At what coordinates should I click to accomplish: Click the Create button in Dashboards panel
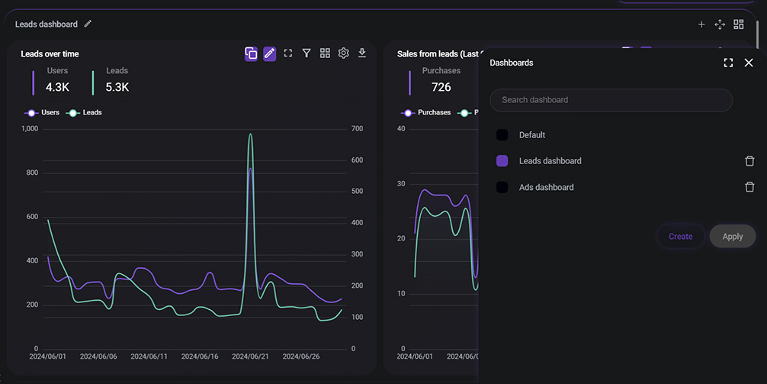[680, 237]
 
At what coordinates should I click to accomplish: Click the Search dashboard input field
[611, 100]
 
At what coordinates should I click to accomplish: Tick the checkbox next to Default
[502, 135]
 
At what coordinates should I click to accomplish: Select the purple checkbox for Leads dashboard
[502, 161]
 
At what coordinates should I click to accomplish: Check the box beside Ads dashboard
[502, 187]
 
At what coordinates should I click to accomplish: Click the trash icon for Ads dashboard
[749, 187]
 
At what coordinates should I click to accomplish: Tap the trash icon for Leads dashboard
[749, 161]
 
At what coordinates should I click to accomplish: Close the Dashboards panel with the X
[748, 63]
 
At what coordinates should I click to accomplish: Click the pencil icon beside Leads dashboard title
[88, 24]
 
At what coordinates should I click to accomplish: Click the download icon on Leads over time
[362, 53]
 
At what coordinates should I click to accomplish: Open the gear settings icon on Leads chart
[344, 53]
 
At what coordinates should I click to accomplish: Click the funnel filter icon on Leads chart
[306, 53]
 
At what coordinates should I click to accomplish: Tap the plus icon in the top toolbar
[701, 24]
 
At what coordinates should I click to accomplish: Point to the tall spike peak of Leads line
[250, 135]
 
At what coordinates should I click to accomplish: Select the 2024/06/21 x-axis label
[250, 357]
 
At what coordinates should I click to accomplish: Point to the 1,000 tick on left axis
[30, 128]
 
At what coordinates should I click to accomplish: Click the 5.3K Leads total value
[117, 87]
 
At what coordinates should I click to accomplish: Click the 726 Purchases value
[441, 87]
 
